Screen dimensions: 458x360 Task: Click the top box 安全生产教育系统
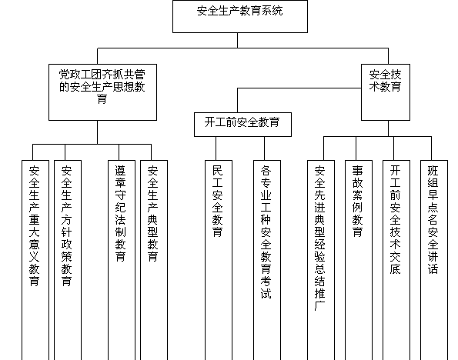click(240, 16)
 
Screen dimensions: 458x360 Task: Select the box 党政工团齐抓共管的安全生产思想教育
click(102, 92)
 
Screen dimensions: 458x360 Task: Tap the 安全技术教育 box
click(386, 92)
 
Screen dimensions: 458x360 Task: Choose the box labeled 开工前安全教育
click(242, 125)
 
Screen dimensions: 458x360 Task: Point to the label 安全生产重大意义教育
click(34, 226)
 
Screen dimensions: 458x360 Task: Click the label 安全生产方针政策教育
click(67, 226)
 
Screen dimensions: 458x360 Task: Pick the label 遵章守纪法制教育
click(121, 214)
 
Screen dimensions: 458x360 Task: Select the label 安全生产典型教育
click(152, 214)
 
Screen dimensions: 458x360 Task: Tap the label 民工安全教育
click(218, 202)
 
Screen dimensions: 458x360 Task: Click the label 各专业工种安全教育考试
click(266, 232)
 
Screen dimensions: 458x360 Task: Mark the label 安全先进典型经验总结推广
click(320, 238)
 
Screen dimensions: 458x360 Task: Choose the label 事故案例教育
click(357, 202)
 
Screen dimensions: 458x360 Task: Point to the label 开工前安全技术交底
click(395, 220)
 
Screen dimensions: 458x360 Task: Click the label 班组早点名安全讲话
click(433, 220)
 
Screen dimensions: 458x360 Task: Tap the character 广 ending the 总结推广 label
click(320, 305)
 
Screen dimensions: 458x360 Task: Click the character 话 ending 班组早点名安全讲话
click(433, 268)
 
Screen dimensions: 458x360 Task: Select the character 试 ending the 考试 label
click(266, 293)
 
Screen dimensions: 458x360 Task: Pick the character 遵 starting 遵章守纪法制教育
click(121, 171)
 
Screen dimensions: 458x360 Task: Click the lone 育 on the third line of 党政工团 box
click(102, 98)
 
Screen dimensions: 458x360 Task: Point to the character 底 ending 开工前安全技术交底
click(395, 268)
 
